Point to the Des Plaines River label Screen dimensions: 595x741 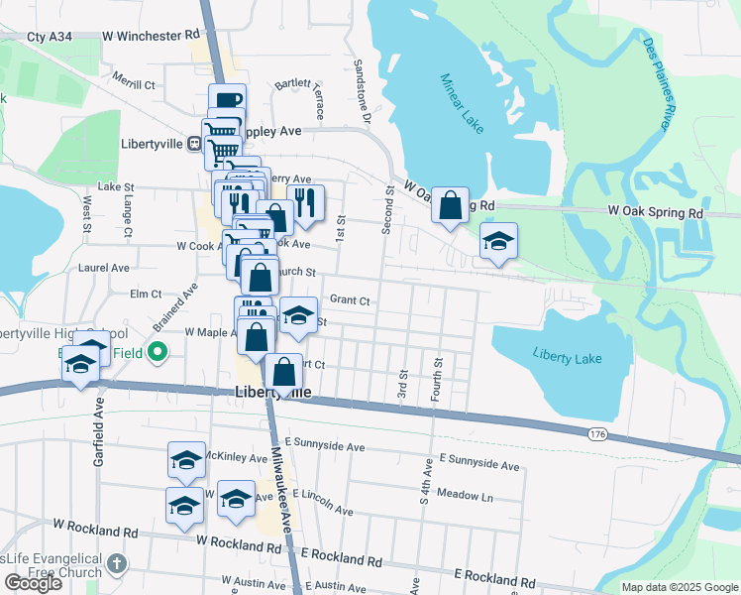point(660,83)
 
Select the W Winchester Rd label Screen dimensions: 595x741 point(151,36)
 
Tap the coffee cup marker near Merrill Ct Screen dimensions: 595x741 point(227,101)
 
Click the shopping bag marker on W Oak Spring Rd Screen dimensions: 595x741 point(450,206)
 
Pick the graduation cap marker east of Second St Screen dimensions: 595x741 point(499,241)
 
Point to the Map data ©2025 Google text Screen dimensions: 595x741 point(679,587)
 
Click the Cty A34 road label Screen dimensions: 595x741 point(50,36)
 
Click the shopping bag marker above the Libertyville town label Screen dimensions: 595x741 point(283,373)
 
